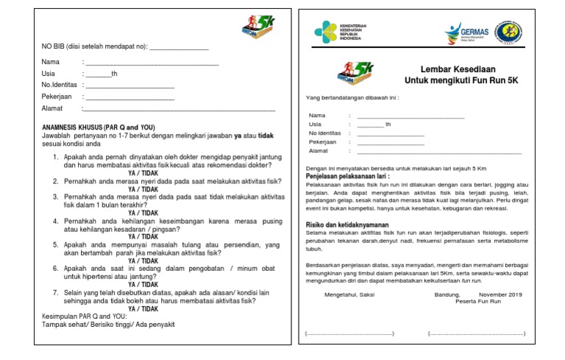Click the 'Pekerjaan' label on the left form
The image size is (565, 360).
(x=58, y=96)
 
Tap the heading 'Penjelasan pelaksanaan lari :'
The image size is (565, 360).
(x=348, y=177)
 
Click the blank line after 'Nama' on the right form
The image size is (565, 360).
(x=411, y=116)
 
